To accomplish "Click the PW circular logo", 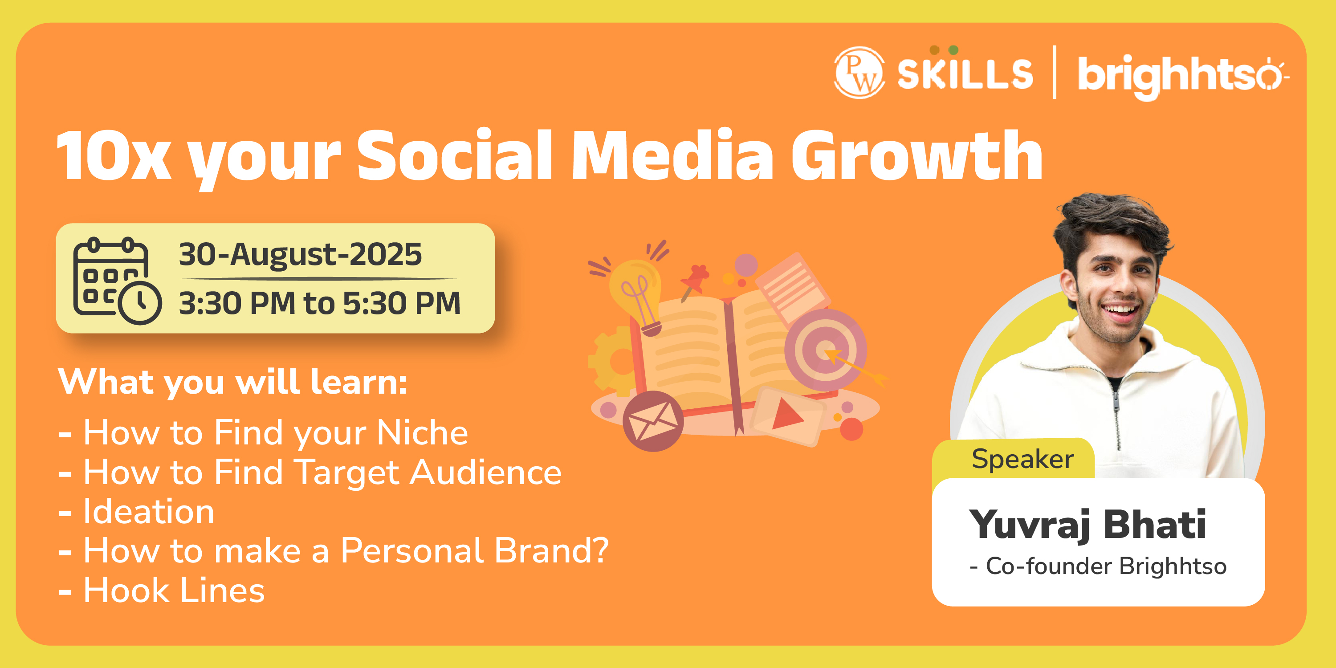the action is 859,73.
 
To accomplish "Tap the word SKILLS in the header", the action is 965,73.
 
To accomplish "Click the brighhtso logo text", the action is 1183,76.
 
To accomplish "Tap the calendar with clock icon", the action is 117,281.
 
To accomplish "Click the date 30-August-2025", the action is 300,254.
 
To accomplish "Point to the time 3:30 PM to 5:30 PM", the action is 319,303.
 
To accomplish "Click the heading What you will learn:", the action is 232,382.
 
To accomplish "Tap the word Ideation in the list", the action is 149,512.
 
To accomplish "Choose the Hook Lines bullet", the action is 174,590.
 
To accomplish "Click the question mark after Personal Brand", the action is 599,550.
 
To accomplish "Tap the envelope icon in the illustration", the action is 653,420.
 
